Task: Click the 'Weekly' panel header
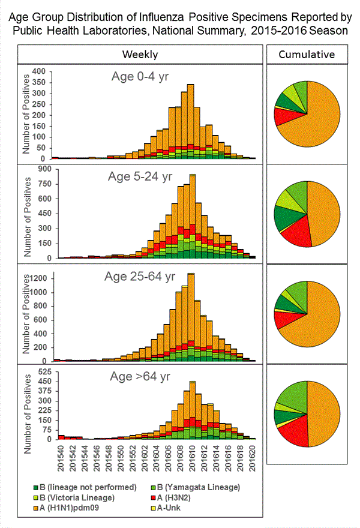140,55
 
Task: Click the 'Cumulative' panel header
307,55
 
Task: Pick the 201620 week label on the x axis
253,457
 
